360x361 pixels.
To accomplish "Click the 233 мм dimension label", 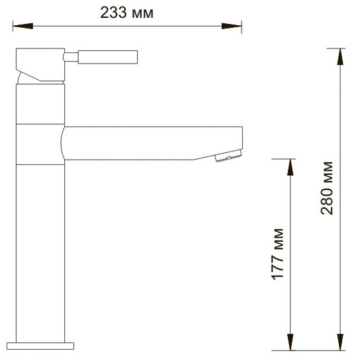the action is pyautogui.click(x=127, y=13).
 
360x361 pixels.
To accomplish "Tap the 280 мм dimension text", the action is pyautogui.click(x=327, y=188).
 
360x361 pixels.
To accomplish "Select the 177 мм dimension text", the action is pyautogui.click(x=277, y=254).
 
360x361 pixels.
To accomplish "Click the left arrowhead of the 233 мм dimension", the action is pyautogui.click(x=22, y=26).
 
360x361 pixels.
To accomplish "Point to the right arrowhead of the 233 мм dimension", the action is pyautogui.click(x=232, y=26).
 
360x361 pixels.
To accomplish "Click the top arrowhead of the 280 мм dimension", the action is pyautogui.click(x=340, y=57).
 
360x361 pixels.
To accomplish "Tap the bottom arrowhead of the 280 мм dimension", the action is pyautogui.click(x=340, y=342).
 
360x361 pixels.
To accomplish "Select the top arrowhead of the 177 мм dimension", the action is pyautogui.click(x=291, y=167).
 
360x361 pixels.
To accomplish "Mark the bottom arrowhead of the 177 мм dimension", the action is pyautogui.click(x=291, y=342).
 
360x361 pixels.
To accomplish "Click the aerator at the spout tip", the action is pyautogui.click(x=228, y=156).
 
